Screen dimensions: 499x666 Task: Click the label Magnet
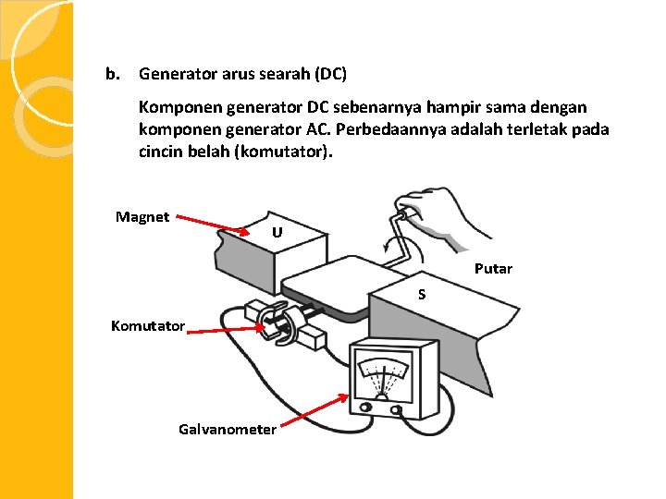(x=142, y=217)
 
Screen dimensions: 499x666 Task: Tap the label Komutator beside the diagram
(x=148, y=325)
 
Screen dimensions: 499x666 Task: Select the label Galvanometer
(x=228, y=429)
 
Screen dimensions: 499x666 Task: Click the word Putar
(x=493, y=269)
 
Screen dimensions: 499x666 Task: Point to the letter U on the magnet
(x=277, y=232)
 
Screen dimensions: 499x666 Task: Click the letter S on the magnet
(x=421, y=295)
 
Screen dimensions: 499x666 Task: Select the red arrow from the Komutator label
(x=227, y=326)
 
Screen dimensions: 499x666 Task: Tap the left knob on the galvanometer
(x=365, y=407)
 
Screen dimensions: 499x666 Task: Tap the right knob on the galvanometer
(x=397, y=408)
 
